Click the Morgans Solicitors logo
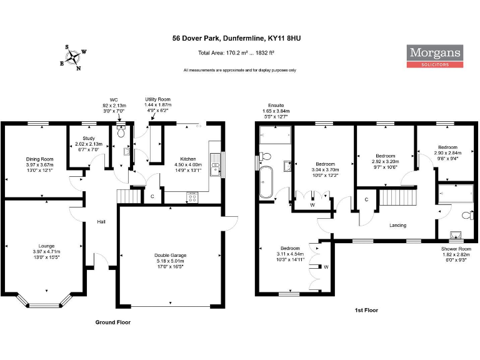436,56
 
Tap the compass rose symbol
74,57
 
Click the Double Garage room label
171,255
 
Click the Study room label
87,139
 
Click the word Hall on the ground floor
101,222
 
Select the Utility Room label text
157,99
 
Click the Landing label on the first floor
397,225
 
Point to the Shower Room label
456,248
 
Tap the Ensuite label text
276,106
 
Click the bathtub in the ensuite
266,181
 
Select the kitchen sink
215,164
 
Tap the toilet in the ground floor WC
121,132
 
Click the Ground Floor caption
112,322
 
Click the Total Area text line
236,53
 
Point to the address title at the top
236,38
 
